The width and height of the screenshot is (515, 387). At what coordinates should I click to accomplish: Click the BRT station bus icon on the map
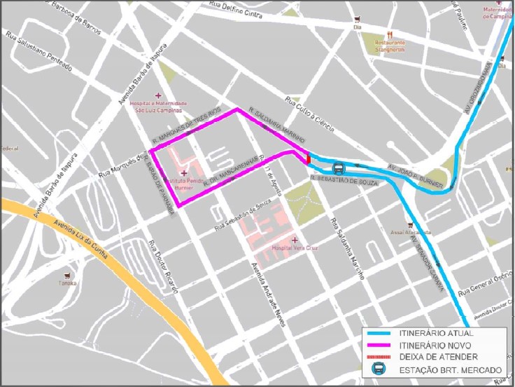click(x=338, y=168)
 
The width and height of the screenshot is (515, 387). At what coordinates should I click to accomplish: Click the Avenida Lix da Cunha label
click(x=80, y=238)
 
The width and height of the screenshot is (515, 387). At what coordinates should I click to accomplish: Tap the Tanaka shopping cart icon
click(x=68, y=275)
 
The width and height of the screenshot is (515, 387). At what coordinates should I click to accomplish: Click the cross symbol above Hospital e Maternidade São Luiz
click(x=158, y=95)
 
